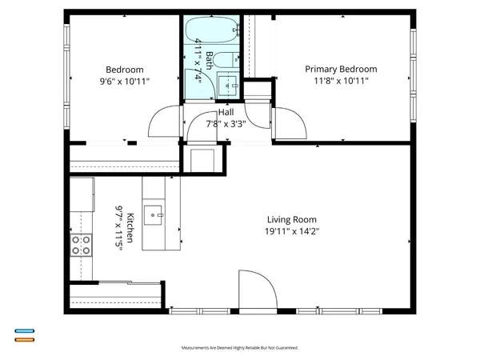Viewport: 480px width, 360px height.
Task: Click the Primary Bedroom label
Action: click(341, 70)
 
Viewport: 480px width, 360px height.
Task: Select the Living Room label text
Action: click(292, 220)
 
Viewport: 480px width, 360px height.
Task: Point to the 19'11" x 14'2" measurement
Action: click(292, 232)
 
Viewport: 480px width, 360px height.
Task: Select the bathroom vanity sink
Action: click(226, 83)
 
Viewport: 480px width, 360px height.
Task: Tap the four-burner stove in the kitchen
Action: click(81, 245)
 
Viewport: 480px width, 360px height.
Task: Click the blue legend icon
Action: click(24, 330)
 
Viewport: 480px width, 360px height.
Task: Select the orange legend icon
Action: click(24, 338)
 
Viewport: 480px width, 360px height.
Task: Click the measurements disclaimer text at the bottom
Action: click(240, 349)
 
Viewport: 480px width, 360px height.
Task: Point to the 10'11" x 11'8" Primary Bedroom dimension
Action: click(341, 82)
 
